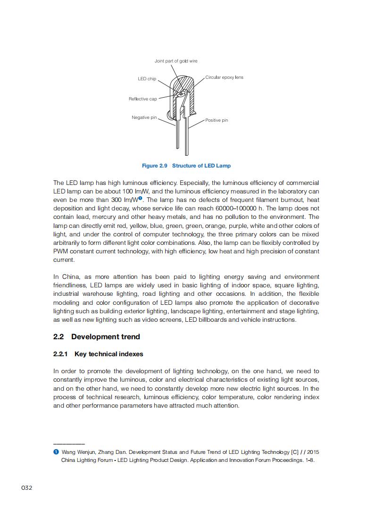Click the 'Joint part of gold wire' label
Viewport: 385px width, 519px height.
176,61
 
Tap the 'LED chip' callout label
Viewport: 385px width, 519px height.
147,79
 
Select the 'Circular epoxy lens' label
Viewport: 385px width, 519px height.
225,77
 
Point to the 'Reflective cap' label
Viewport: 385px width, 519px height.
142,99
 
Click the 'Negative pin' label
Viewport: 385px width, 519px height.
144,117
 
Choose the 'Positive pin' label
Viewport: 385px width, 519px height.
217,120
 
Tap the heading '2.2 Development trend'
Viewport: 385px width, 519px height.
97,336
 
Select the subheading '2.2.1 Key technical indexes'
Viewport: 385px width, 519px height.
98,354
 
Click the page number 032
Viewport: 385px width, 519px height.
26,487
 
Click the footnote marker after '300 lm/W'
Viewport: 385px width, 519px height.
140,199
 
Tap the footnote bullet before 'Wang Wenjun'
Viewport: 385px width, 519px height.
56,452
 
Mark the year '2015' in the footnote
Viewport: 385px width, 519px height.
313,452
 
